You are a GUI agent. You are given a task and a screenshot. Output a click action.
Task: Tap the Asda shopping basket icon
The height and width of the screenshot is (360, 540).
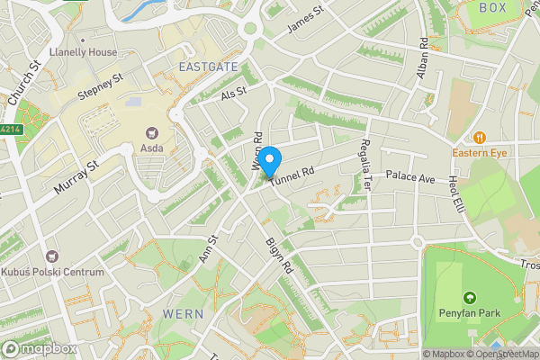tap(150, 130)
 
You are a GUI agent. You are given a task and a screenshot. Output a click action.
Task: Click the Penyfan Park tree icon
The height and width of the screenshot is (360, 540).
tap(468, 297)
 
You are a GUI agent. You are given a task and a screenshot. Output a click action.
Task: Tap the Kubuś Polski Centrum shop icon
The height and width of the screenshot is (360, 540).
tap(51, 257)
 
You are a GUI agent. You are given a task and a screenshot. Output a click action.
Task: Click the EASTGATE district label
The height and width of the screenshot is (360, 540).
tap(208, 67)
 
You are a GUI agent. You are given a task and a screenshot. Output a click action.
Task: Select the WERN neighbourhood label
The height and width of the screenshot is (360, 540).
tap(183, 313)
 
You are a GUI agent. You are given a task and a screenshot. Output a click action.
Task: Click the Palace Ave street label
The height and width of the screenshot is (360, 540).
tap(410, 176)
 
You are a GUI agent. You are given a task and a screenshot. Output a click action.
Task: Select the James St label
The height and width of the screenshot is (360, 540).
tap(305, 21)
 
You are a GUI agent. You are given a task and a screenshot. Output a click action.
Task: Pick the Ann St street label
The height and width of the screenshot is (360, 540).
tap(208, 249)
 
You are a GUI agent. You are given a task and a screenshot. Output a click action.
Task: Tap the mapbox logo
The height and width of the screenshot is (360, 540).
tap(38, 348)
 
